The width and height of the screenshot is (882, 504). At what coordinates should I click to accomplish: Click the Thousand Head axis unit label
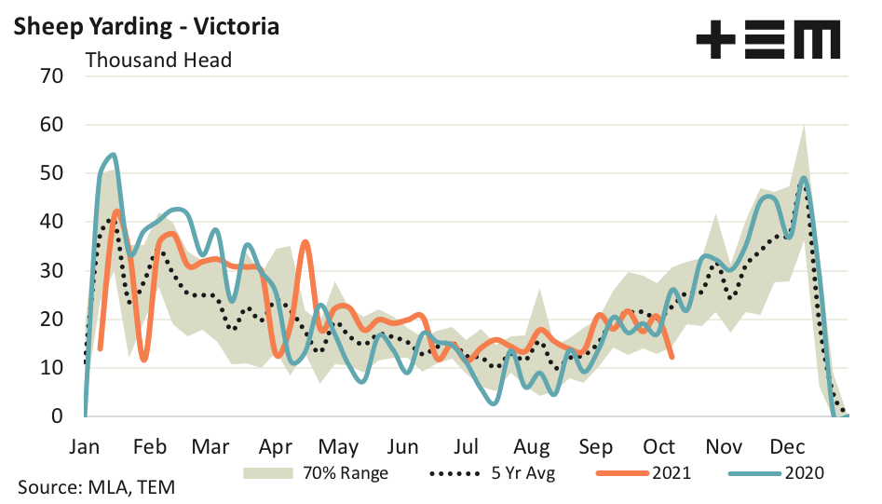click(158, 60)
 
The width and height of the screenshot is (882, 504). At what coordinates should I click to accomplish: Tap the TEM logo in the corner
click(767, 40)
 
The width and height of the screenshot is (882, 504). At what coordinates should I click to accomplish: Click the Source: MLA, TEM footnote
click(96, 487)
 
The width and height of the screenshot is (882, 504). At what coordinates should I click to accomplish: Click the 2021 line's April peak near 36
click(305, 241)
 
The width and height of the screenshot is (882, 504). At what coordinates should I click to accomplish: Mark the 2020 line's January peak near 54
click(113, 155)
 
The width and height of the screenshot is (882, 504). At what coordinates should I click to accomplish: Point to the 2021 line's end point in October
click(672, 356)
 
